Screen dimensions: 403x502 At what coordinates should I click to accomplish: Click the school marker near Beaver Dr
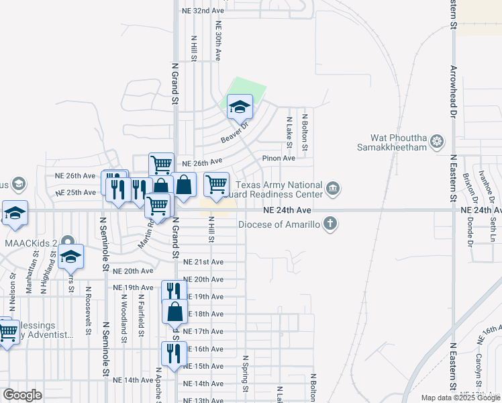[239, 107]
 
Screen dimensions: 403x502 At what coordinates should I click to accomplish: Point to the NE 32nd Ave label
[203, 11]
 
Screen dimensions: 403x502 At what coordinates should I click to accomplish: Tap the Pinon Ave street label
[279, 159]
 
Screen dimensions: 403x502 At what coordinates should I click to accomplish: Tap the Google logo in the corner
[22, 395]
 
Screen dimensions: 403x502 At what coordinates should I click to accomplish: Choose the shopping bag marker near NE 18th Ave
[174, 312]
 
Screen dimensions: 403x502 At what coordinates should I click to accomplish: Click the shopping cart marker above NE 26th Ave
[161, 164]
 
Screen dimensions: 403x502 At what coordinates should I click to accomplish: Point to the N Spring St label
[246, 373]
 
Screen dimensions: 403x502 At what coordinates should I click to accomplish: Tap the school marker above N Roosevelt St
[70, 256]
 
